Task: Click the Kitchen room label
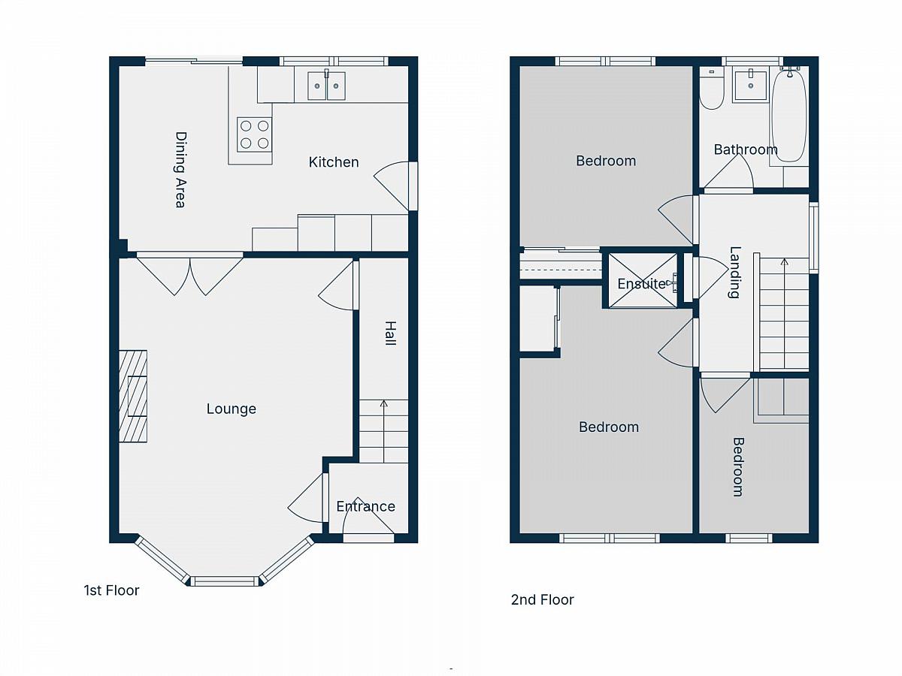pyautogui.click(x=333, y=162)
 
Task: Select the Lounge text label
pyautogui.click(x=232, y=409)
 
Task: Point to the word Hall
pyautogui.click(x=390, y=333)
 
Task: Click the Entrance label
pyautogui.click(x=366, y=506)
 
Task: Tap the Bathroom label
pyautogui.click(x=746, y=149)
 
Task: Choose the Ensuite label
pyautogui.click(x=641, y=284)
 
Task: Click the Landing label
pyautogui.click(x=734, y=272)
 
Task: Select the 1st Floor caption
pyautogui.click(x=111, y=590)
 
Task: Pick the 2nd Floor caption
pyautogui.click(x=542, y=599)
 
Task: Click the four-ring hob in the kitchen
pyautogui.click(x=254, y=134)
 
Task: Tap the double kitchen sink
pyautogui.click(x=327, y=86)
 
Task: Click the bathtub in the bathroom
pyautogui.click(x=788, y=116)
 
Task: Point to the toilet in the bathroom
pyautogui.click(x=712, y=89)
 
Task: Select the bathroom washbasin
pyautogui.click(x=751, y=86)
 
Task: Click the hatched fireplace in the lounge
pyautogui.click(x=133, y=396)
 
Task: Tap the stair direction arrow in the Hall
pyautogui.click(x=384, y=431)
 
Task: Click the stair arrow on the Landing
pyautogui.click(x=785, y=313)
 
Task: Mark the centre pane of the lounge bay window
pyautogui.click(x=225, y=581)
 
